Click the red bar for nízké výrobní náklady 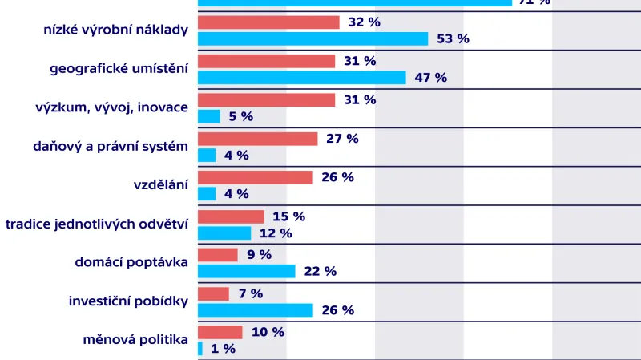click(x=268, y=22)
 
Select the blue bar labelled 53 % click(x=313, y=38)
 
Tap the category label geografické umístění click(x=119, y=69)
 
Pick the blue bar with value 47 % click(x=302, y=77)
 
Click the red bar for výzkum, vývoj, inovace click(x=266, y=99)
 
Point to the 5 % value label click(x=240, y=116)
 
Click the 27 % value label click(x=342, y=139)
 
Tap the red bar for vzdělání click(x=255, y=177)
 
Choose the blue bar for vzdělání click(x=207, y=193)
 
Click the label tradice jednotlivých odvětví click(x=97, y=224)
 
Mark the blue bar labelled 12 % click(x=224, y=233)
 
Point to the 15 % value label click(x=289, y=216)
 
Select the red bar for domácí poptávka click(x=218, y=255)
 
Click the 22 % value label click(x=320, y=271)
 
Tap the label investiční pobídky click(x=128, y=301)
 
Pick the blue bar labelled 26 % click(x=256, y=309)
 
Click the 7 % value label click(x=250, y=293)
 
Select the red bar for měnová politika click(x=220, y=332)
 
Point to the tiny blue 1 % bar click(x=200, y=348)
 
